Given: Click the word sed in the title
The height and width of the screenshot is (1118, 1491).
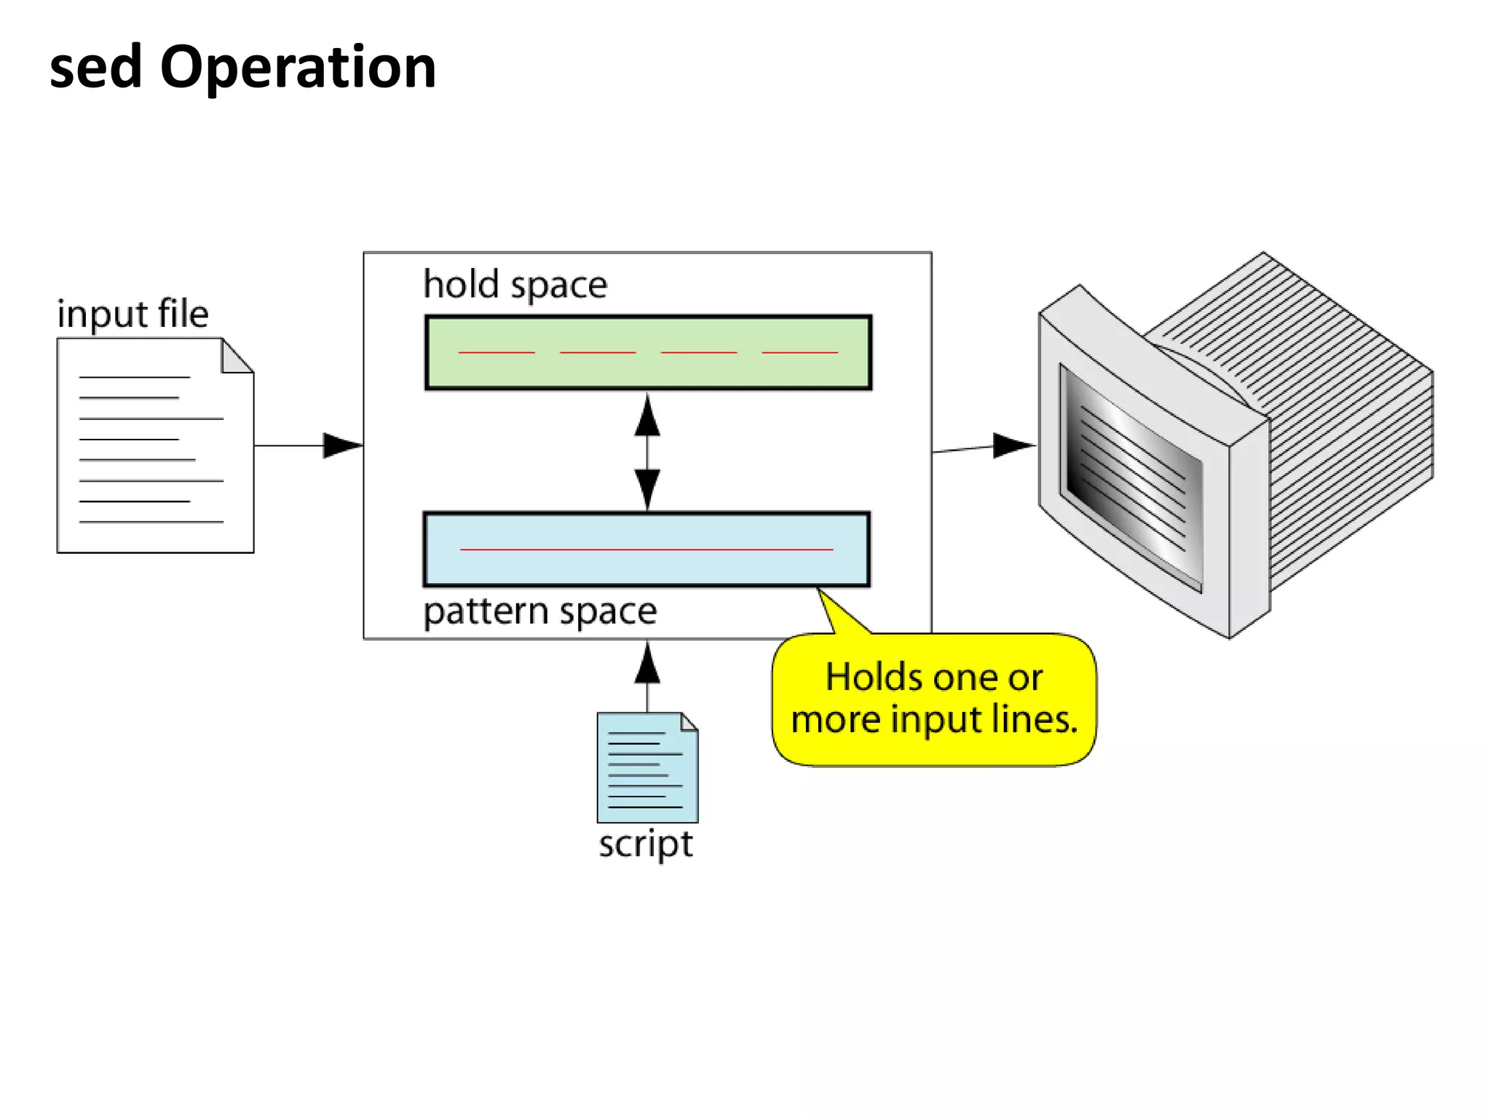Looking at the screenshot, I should coord(95,67).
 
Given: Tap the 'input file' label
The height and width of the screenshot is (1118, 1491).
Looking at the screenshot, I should coord(133,314).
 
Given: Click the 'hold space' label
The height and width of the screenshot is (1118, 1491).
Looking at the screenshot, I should coord(515,285).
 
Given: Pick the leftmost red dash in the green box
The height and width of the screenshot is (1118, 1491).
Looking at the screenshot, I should coord(497,352).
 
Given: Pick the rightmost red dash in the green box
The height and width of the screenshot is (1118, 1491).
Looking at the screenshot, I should coord(799,352).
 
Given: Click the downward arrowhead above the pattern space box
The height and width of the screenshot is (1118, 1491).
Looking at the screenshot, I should coord(647,488).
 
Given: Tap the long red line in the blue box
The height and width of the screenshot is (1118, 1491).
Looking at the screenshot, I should coord(646,549).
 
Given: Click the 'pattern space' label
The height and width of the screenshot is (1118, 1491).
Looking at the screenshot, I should coord(539,611).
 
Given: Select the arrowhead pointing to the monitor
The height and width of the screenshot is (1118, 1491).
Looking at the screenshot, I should coord(1012,445).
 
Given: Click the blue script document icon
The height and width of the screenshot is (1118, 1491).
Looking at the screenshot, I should coord(646,768).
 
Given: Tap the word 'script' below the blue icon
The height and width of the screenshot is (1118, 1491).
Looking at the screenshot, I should coord(645,844).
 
